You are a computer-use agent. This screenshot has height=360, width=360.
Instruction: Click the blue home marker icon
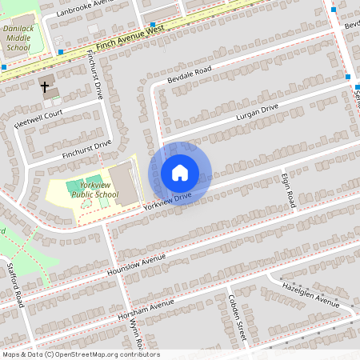click(x=180, y=173)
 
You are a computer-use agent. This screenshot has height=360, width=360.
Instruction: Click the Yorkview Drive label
click(x=167, y=199)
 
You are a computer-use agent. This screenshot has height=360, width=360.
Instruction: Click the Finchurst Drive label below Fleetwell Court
click(x=86, y=149)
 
